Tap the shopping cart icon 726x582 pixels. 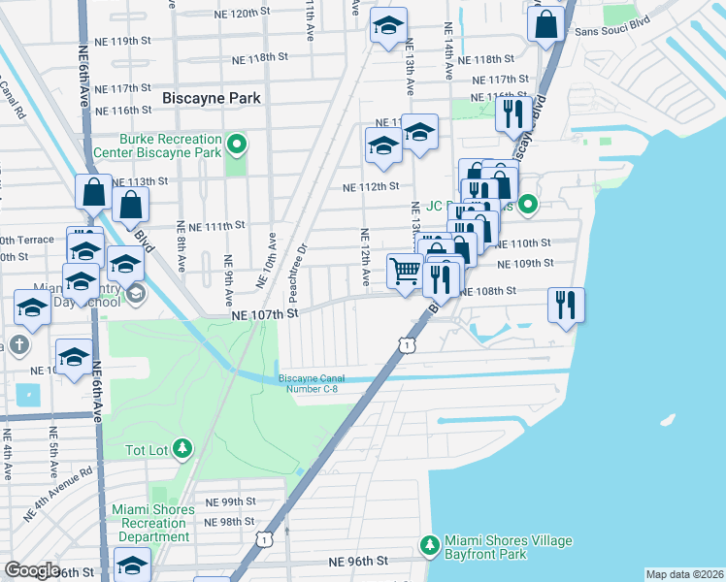(405, 271)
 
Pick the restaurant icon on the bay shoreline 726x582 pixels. (565, 305)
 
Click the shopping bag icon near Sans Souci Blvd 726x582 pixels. (546, 24)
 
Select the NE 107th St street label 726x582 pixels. (262, 314)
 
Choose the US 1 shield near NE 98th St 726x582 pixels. (263, 537)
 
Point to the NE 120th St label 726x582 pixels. (238, 13)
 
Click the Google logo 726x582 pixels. (32, 570)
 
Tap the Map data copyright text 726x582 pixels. (684, 574)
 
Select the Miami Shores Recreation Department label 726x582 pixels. (148, 524)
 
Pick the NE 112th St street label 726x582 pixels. (372, 186)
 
